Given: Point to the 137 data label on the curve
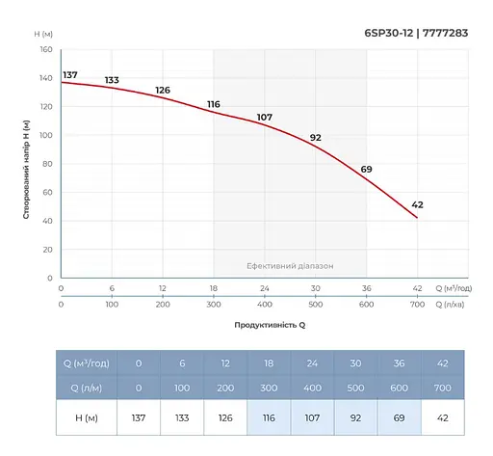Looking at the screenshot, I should click(69, 75).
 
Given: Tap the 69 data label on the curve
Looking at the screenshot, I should click(366, 170).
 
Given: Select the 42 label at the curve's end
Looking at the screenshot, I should click(417, 204).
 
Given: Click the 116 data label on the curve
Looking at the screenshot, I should click(213, 104).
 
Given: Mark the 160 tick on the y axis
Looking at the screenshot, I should click(45, 50).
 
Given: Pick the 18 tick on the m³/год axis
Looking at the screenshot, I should click(213, 289).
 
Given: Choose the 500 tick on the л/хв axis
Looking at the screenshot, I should click(315, 305).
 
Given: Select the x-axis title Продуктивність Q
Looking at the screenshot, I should click(270, 326).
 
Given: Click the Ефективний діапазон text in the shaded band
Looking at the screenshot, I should click(290, 266).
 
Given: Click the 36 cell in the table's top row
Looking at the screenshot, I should click(400, 364).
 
